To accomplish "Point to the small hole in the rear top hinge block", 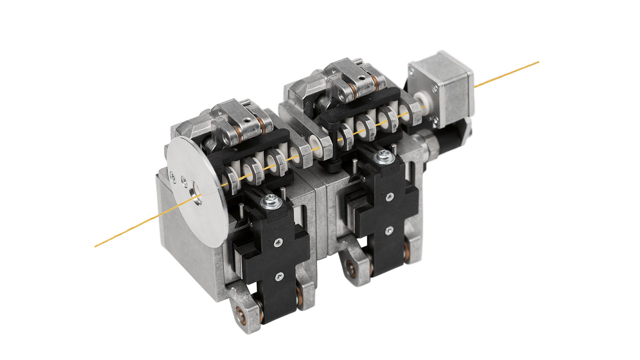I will coord(362,79).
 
